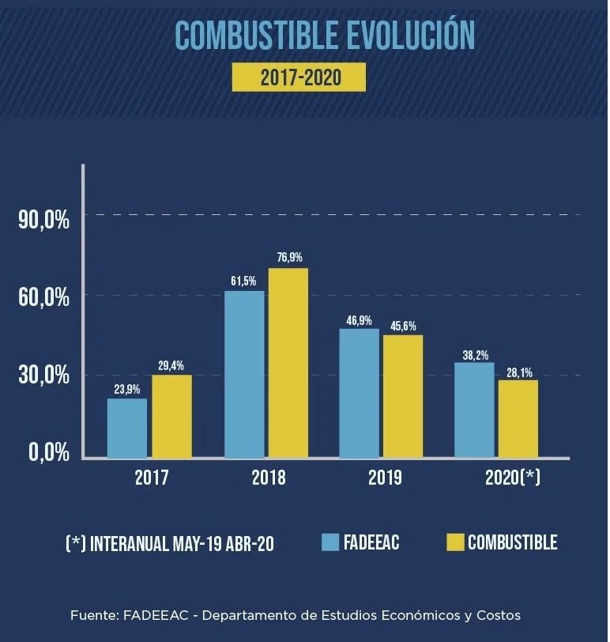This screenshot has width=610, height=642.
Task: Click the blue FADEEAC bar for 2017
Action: (127, 429)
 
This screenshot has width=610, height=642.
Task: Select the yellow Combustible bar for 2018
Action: (288, 364)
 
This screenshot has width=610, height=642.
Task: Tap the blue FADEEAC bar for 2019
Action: (359, 394)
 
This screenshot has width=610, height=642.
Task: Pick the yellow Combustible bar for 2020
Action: (518, 419)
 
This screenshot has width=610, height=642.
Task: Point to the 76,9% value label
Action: (289, 258)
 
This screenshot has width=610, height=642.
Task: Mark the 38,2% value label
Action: (475, 356)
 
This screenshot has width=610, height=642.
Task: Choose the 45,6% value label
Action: (403, 326)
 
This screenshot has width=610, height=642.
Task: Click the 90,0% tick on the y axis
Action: (44, 219)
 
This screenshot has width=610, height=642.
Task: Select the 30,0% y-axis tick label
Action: (44, 375)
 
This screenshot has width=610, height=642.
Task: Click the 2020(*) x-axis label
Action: (512, 478)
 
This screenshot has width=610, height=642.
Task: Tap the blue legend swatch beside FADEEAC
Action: (330, 542)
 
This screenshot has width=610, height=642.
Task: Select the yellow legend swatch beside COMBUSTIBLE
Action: (454, 542)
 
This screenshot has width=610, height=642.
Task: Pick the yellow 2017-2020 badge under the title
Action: (299, 77)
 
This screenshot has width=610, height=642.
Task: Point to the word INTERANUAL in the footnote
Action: (130, 544)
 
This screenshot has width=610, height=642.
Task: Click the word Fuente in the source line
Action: (92, 615)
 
